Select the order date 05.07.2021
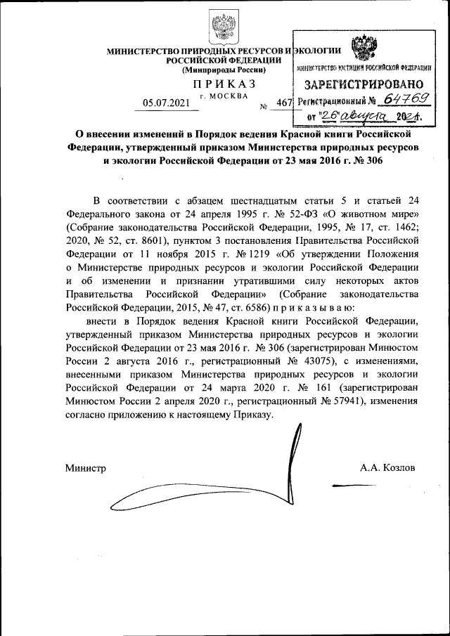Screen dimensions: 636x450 point(166,103)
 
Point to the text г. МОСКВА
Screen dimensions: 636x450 point(224,95)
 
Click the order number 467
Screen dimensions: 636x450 point(284,103)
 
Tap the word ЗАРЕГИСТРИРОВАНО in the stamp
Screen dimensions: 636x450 point(364,85)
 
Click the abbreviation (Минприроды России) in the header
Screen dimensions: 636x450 point(224,70)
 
